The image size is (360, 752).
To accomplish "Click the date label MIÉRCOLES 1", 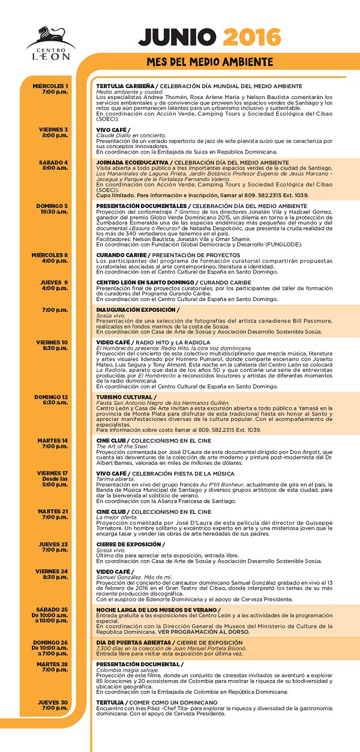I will coord(52,86).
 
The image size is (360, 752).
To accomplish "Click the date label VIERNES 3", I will coord(54,129).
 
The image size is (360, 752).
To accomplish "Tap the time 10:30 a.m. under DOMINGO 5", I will coord(54,212).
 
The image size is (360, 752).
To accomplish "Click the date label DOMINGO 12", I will coord(51,397).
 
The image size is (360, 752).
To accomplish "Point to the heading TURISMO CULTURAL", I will coord(123,397).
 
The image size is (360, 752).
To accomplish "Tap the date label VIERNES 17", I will coord(53,473).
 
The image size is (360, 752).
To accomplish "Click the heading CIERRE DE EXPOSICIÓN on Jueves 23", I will coord(130,544).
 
